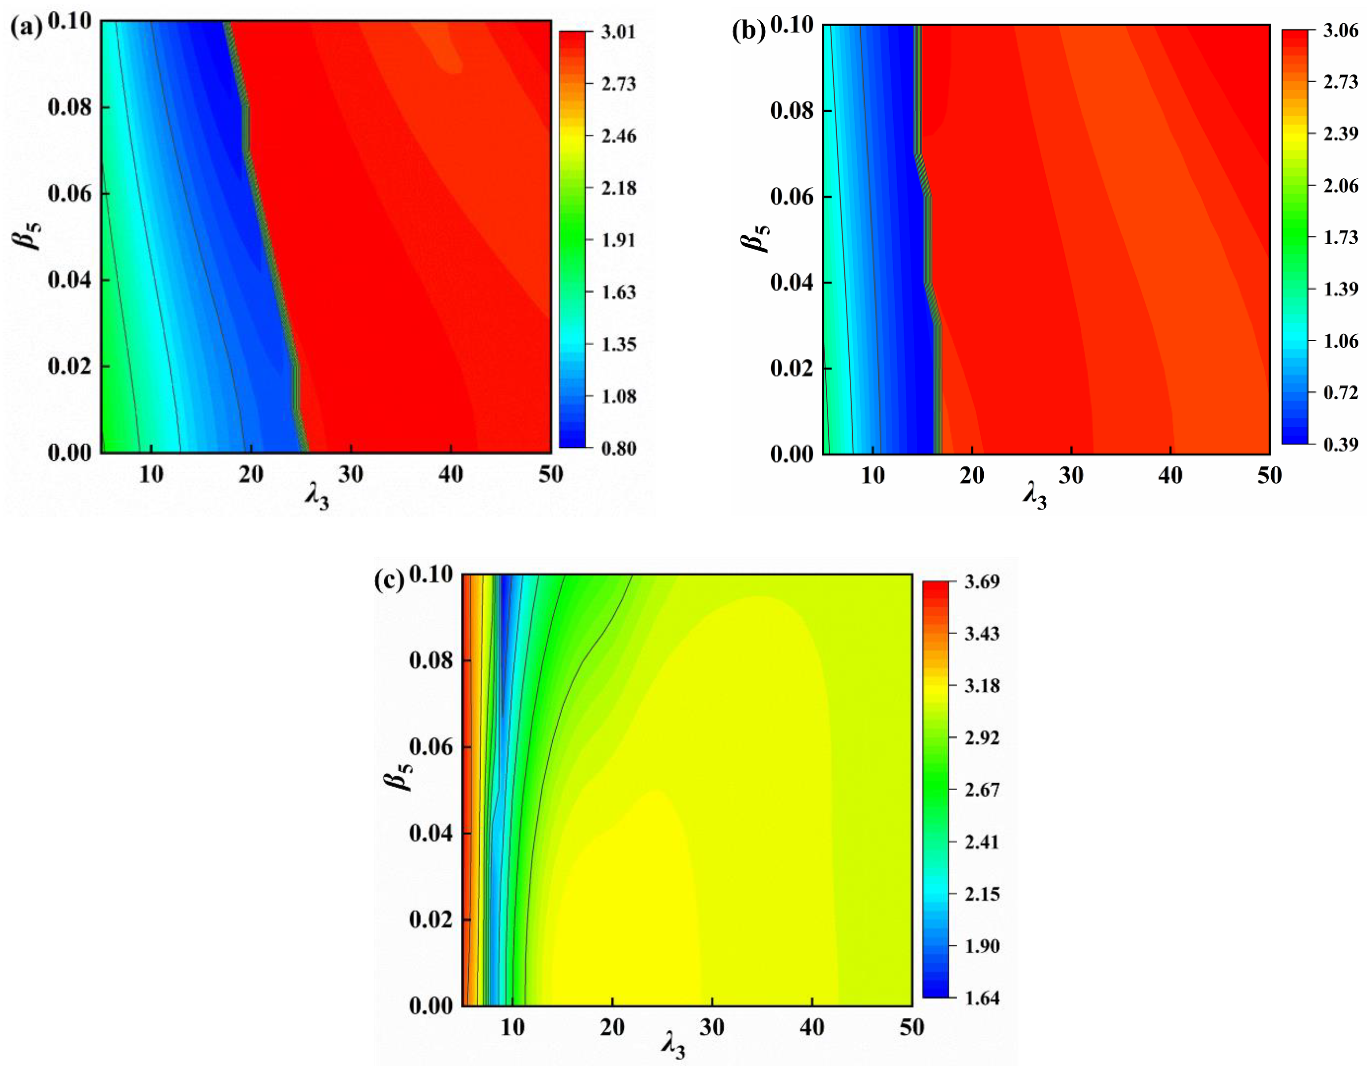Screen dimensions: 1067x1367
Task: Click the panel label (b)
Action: point(748,31)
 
